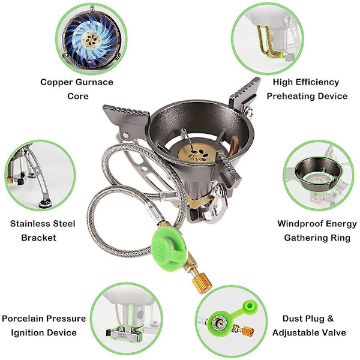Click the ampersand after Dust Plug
(330, 319)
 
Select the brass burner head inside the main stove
(197, 154)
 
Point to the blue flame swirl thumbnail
(92, 38)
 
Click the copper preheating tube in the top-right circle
(267, 41)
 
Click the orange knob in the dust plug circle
(247, 331)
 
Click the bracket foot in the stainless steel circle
(45, 204)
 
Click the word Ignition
(44, 333)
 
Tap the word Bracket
(38, 238)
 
